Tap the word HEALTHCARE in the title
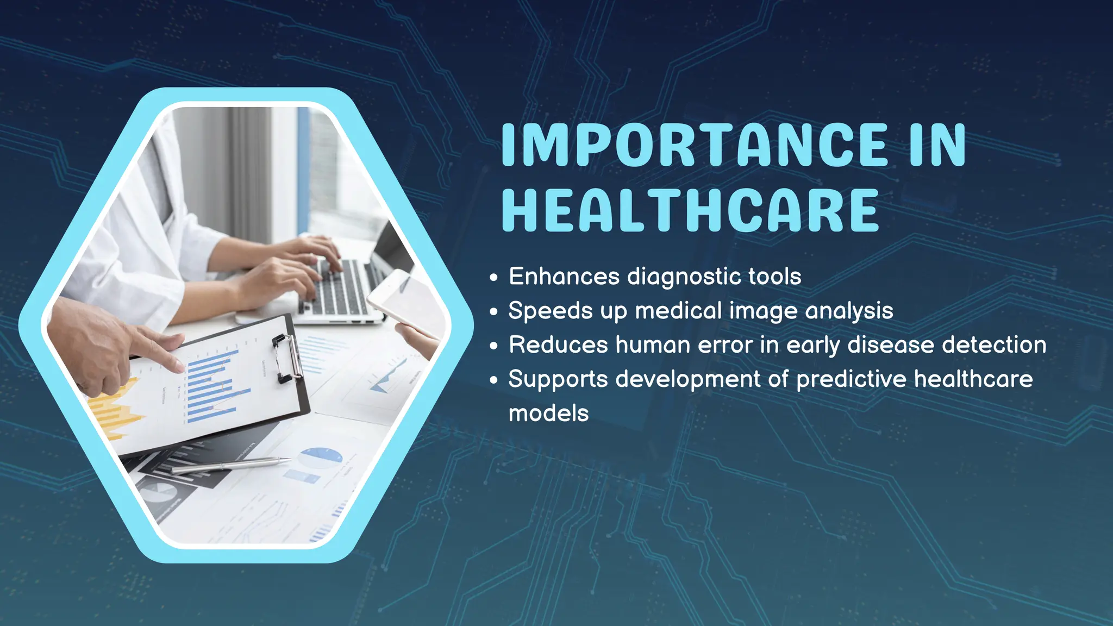[x=690, y=211]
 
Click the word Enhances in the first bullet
[x=564, y=277]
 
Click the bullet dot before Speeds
[x=493, y=312]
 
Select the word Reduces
[x=558, y=345]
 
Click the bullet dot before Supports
[x=493, y=380]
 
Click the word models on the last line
[x=548, y=414]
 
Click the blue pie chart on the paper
[x=321, y=458]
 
